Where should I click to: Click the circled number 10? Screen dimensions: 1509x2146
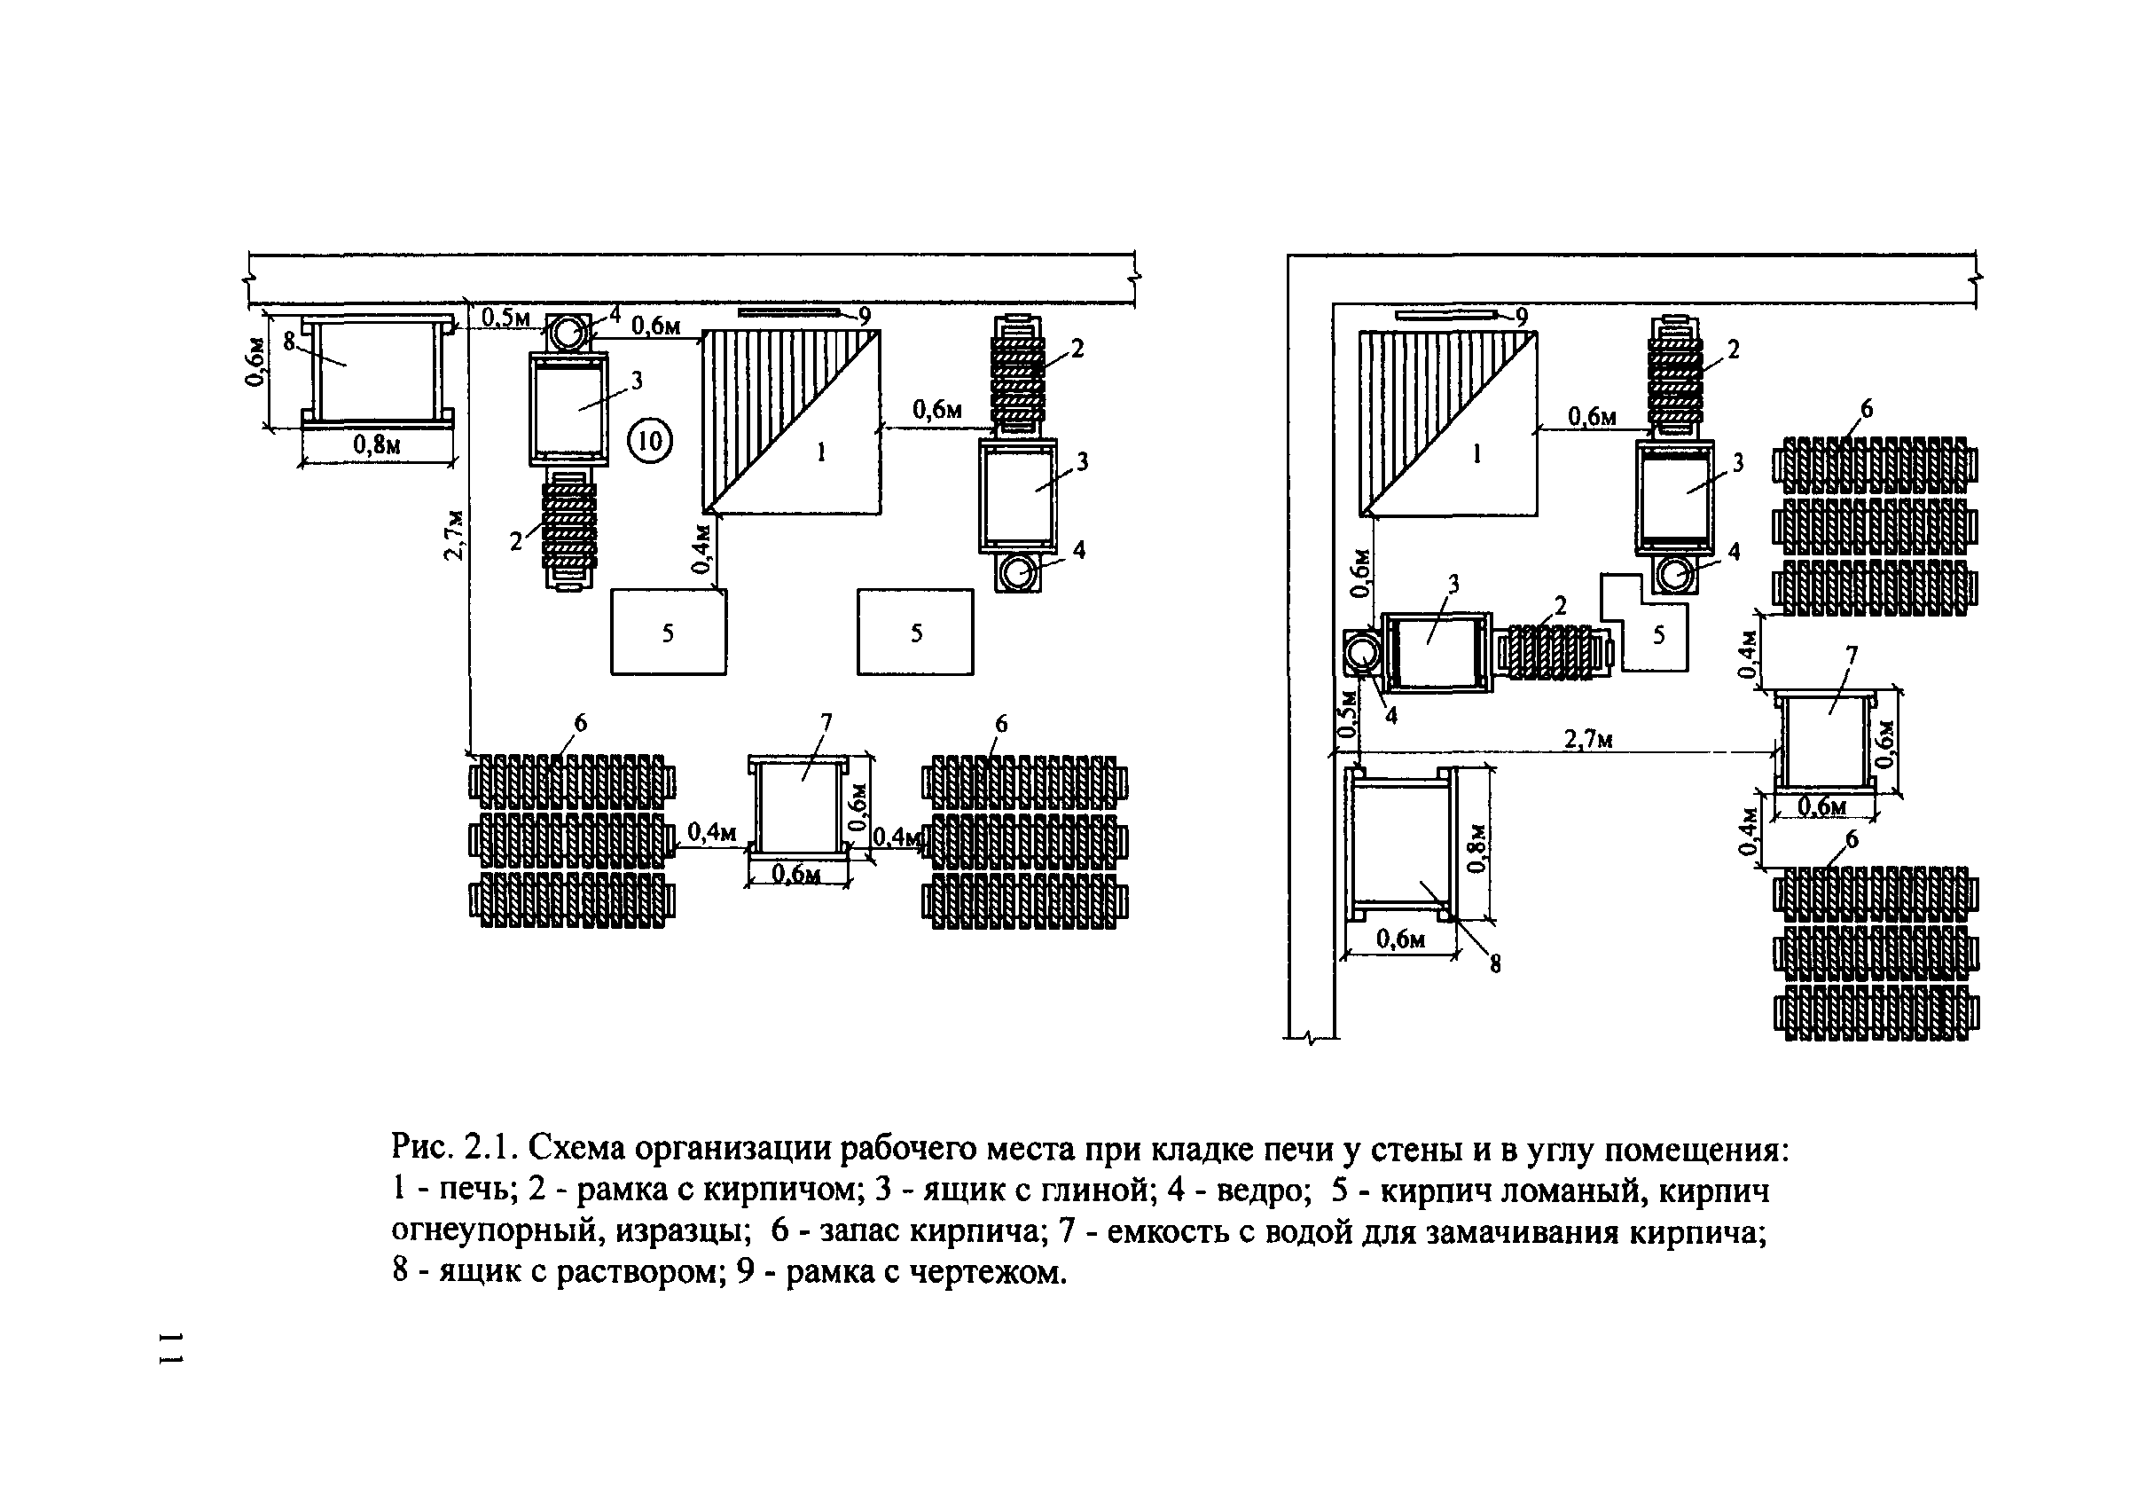tap(650, 440)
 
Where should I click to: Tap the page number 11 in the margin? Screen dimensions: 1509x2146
tap(172, 1346)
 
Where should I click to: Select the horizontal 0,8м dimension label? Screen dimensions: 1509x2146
tap(377, 444)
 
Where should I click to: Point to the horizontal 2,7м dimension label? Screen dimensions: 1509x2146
tap(1588, 740)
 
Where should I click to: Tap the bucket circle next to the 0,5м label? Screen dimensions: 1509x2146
tap(566, 332)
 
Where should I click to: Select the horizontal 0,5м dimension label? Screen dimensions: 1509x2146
tap(505, 318)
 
